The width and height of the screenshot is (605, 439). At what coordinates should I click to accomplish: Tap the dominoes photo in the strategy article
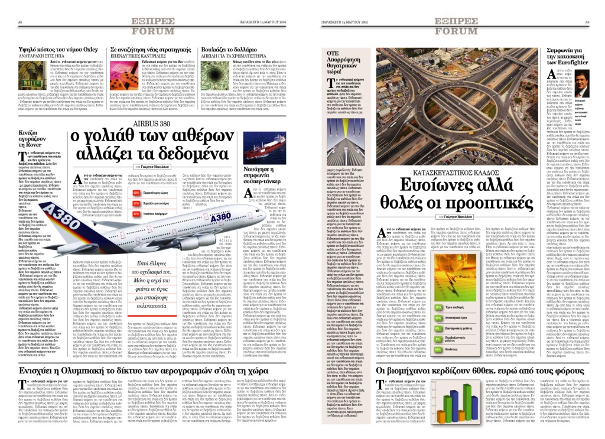[123, 76]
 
